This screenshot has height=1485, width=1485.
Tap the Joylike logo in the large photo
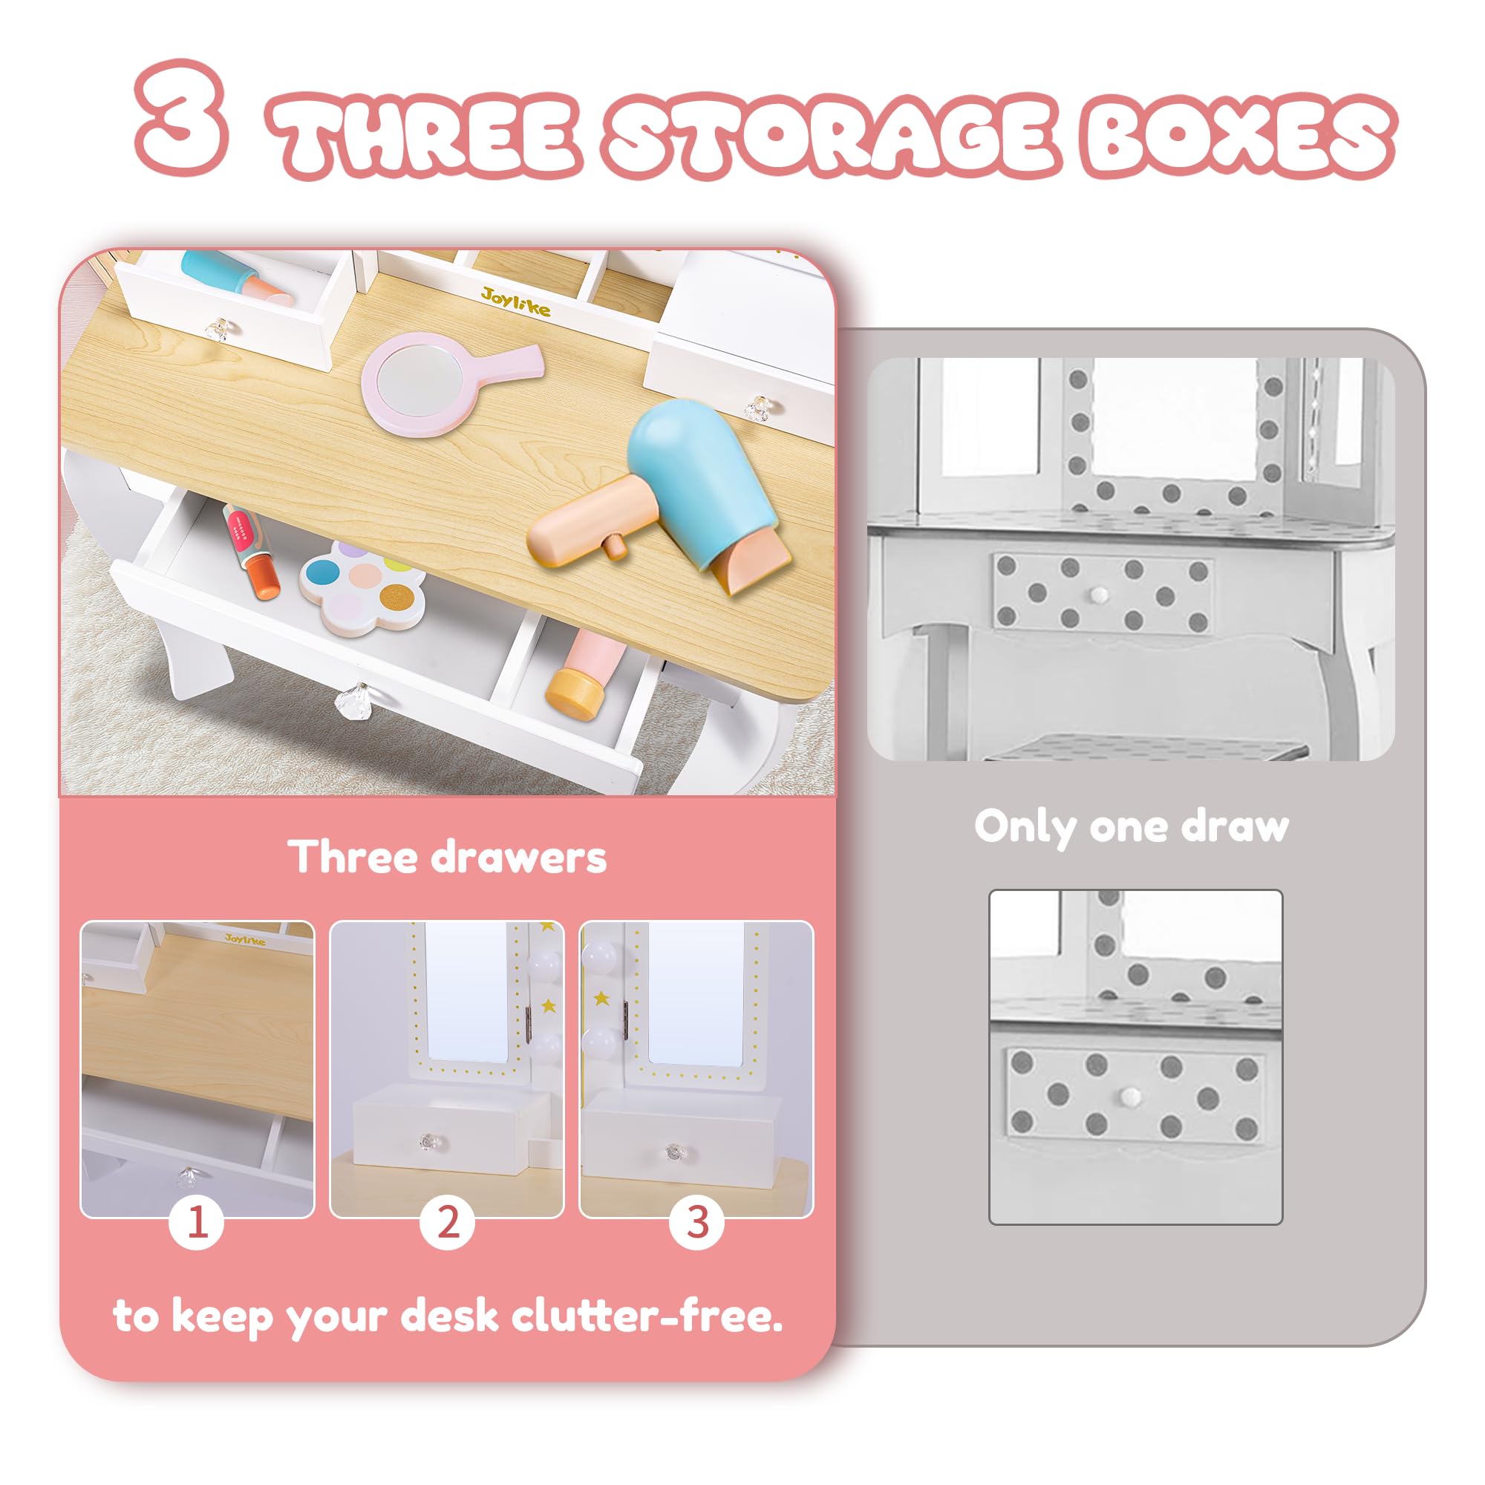(516, 302)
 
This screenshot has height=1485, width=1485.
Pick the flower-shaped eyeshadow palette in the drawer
(362, 585)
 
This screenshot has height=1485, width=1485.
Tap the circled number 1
(197, 1221)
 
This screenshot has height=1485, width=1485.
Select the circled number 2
(447, 1221)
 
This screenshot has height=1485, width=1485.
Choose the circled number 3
(697, 1221)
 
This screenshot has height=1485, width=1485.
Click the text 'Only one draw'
(1132, 828)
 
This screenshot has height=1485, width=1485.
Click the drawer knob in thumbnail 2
(428, 1142)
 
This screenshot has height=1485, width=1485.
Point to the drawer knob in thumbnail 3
(675, 1152)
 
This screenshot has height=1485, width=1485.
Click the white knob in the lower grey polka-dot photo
(1130, 1095)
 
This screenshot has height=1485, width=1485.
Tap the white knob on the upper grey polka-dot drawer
(1100, 594)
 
